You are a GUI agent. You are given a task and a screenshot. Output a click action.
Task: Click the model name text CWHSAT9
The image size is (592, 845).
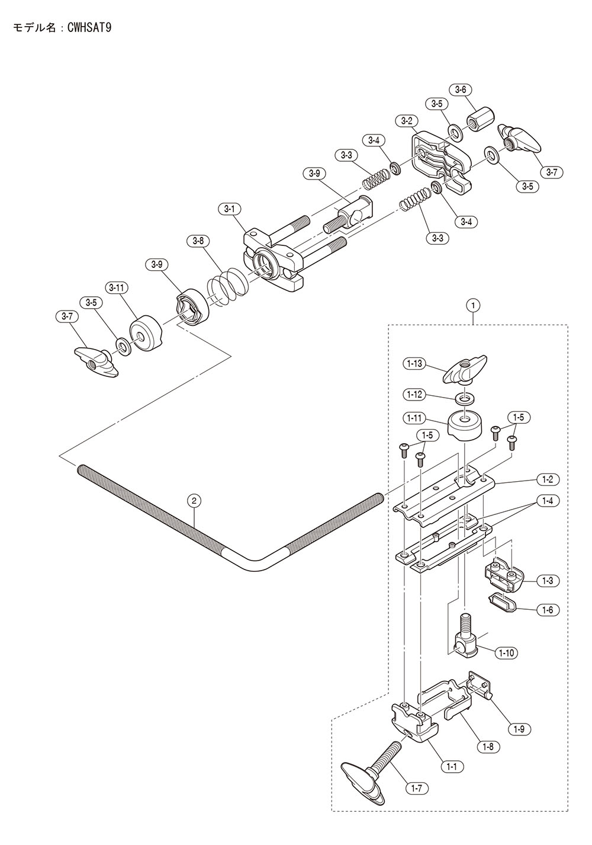point(89,28)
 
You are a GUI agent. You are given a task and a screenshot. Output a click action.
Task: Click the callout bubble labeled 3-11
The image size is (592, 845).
point(117,287)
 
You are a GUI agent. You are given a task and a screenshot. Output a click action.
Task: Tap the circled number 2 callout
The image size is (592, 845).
point(194,501)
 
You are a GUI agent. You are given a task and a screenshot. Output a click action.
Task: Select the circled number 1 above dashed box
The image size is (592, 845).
point(473,305)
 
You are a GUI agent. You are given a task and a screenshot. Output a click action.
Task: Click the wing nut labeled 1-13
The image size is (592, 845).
point(465,368)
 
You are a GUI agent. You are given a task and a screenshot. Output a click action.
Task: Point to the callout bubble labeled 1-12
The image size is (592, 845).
point(414,395)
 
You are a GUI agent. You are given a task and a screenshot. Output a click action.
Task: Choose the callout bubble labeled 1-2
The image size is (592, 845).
point(548,480)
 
